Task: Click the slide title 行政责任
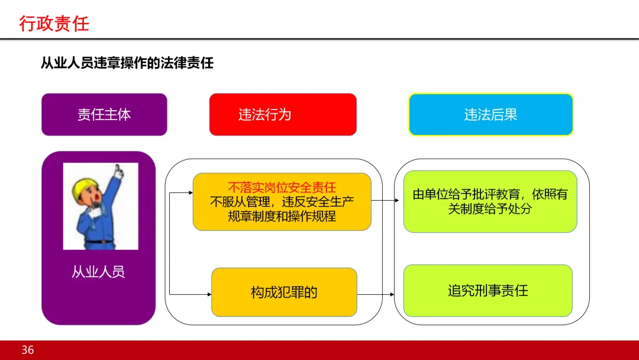pos(54,24)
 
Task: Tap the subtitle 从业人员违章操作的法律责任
pos(127,63)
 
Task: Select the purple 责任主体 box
pos(104,114)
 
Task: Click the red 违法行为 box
pos(283,114)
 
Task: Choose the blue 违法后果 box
pos(490,114)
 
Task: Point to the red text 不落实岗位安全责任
pos(282,188)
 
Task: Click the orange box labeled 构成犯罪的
pos(284,292)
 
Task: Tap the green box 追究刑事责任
pos(488,291)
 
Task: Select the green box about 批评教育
pos(490,201)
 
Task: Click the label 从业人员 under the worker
pos(98,272)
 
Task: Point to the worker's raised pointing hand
pos(119,171)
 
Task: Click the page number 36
pos(28,350)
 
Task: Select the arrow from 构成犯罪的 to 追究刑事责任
pos(376,294)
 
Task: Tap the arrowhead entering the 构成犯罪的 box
pos(208,294)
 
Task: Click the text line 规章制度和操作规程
pos(282,216)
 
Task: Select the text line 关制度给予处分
pos(490,208)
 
